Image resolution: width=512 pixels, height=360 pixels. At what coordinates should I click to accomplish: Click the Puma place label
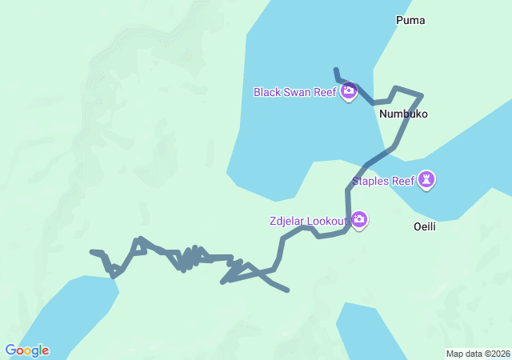click(410, 20)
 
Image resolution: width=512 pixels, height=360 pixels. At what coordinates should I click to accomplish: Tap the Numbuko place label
click(403, 114)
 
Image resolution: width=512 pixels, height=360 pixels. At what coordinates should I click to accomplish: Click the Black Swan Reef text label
click(295, 92)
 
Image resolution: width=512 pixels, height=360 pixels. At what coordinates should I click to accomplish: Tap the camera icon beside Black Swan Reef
click(348, 92)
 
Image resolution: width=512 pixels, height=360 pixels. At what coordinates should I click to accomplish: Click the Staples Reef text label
click(383, 181)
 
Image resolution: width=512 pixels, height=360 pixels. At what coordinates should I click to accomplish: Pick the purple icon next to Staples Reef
click(428, 180)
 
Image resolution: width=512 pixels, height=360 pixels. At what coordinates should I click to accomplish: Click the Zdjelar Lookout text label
click(308, 220)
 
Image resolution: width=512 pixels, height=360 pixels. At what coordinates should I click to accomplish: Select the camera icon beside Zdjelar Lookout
click(359, 219)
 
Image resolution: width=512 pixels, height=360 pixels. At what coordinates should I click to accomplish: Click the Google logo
click(26, 350)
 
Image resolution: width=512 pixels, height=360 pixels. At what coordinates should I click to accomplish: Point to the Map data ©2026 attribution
click(478, 354)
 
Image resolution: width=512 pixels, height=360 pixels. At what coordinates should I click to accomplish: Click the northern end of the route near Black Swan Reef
click(336, 70)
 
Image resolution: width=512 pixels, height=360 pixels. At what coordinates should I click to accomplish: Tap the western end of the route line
click(92, 252)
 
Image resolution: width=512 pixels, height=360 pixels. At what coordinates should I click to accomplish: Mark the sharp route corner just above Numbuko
click(421, 95)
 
